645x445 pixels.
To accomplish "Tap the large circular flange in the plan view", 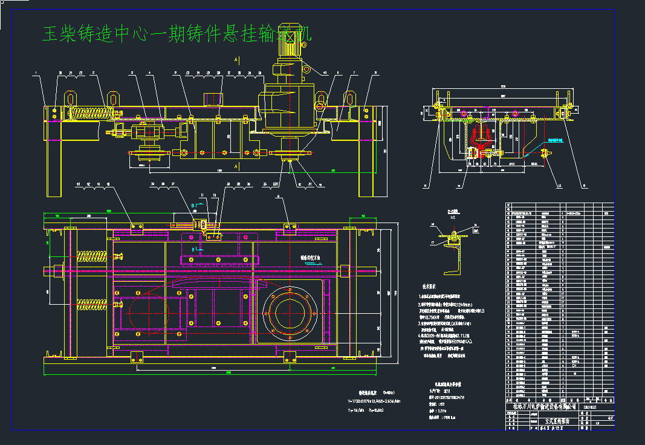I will click(292, 313).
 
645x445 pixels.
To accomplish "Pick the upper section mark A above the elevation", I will click(236, 59).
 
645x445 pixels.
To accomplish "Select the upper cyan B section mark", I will click(194, 206).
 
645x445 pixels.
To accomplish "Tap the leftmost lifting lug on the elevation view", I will click(70, 98).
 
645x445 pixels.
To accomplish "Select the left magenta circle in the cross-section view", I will click(463, 113).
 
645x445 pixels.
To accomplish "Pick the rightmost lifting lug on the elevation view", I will click(349, 98).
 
